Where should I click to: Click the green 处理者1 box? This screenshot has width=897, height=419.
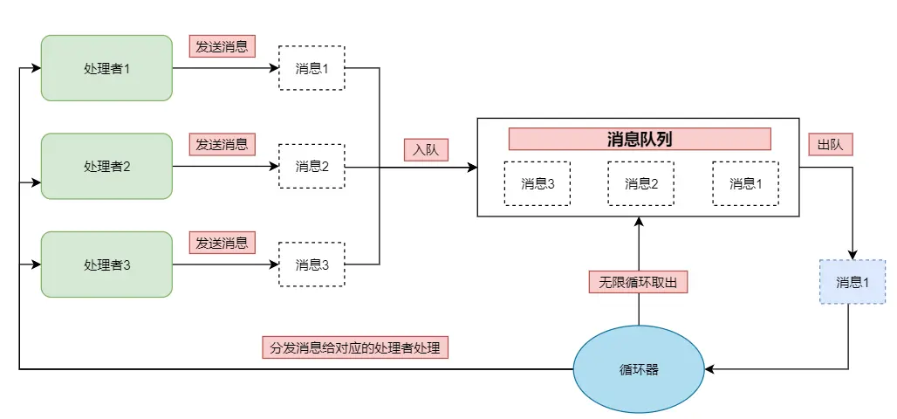(x=106, y=68)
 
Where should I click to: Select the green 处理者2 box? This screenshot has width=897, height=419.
(x=106, y=166)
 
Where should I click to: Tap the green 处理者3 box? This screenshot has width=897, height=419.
(x=106, y=264)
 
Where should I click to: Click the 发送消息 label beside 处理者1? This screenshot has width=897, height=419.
(x=222, y=46)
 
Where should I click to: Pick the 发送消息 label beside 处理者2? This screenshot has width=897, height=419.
(x=222, y=144)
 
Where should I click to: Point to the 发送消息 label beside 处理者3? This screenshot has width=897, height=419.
(x=222, y=243)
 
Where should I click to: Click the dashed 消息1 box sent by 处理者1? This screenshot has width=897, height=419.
(x=312, y=68)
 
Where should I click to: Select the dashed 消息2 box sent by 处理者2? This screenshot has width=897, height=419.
(x=312, y=166)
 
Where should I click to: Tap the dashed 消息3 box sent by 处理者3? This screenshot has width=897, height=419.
(x=312, y=264)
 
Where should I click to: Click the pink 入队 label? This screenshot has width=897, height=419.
(x=425, y=149)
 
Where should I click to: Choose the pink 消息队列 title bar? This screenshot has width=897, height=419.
(x=640, y=140)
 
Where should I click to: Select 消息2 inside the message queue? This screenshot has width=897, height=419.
(x=641, y=183)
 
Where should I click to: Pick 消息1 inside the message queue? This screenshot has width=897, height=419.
(x=745, y=183)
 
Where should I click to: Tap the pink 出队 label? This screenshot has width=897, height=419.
(x=830, y=145)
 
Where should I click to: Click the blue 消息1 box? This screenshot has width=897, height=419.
(x=852, y=282)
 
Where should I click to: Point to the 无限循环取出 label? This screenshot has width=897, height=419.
(x=638, y=283)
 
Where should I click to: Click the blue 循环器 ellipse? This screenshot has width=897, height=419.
(x=639, y=369)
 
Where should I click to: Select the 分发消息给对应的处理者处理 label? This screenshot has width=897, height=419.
(x=354, y=347)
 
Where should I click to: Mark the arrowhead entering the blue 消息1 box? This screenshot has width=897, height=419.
(x=852, y=255)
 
